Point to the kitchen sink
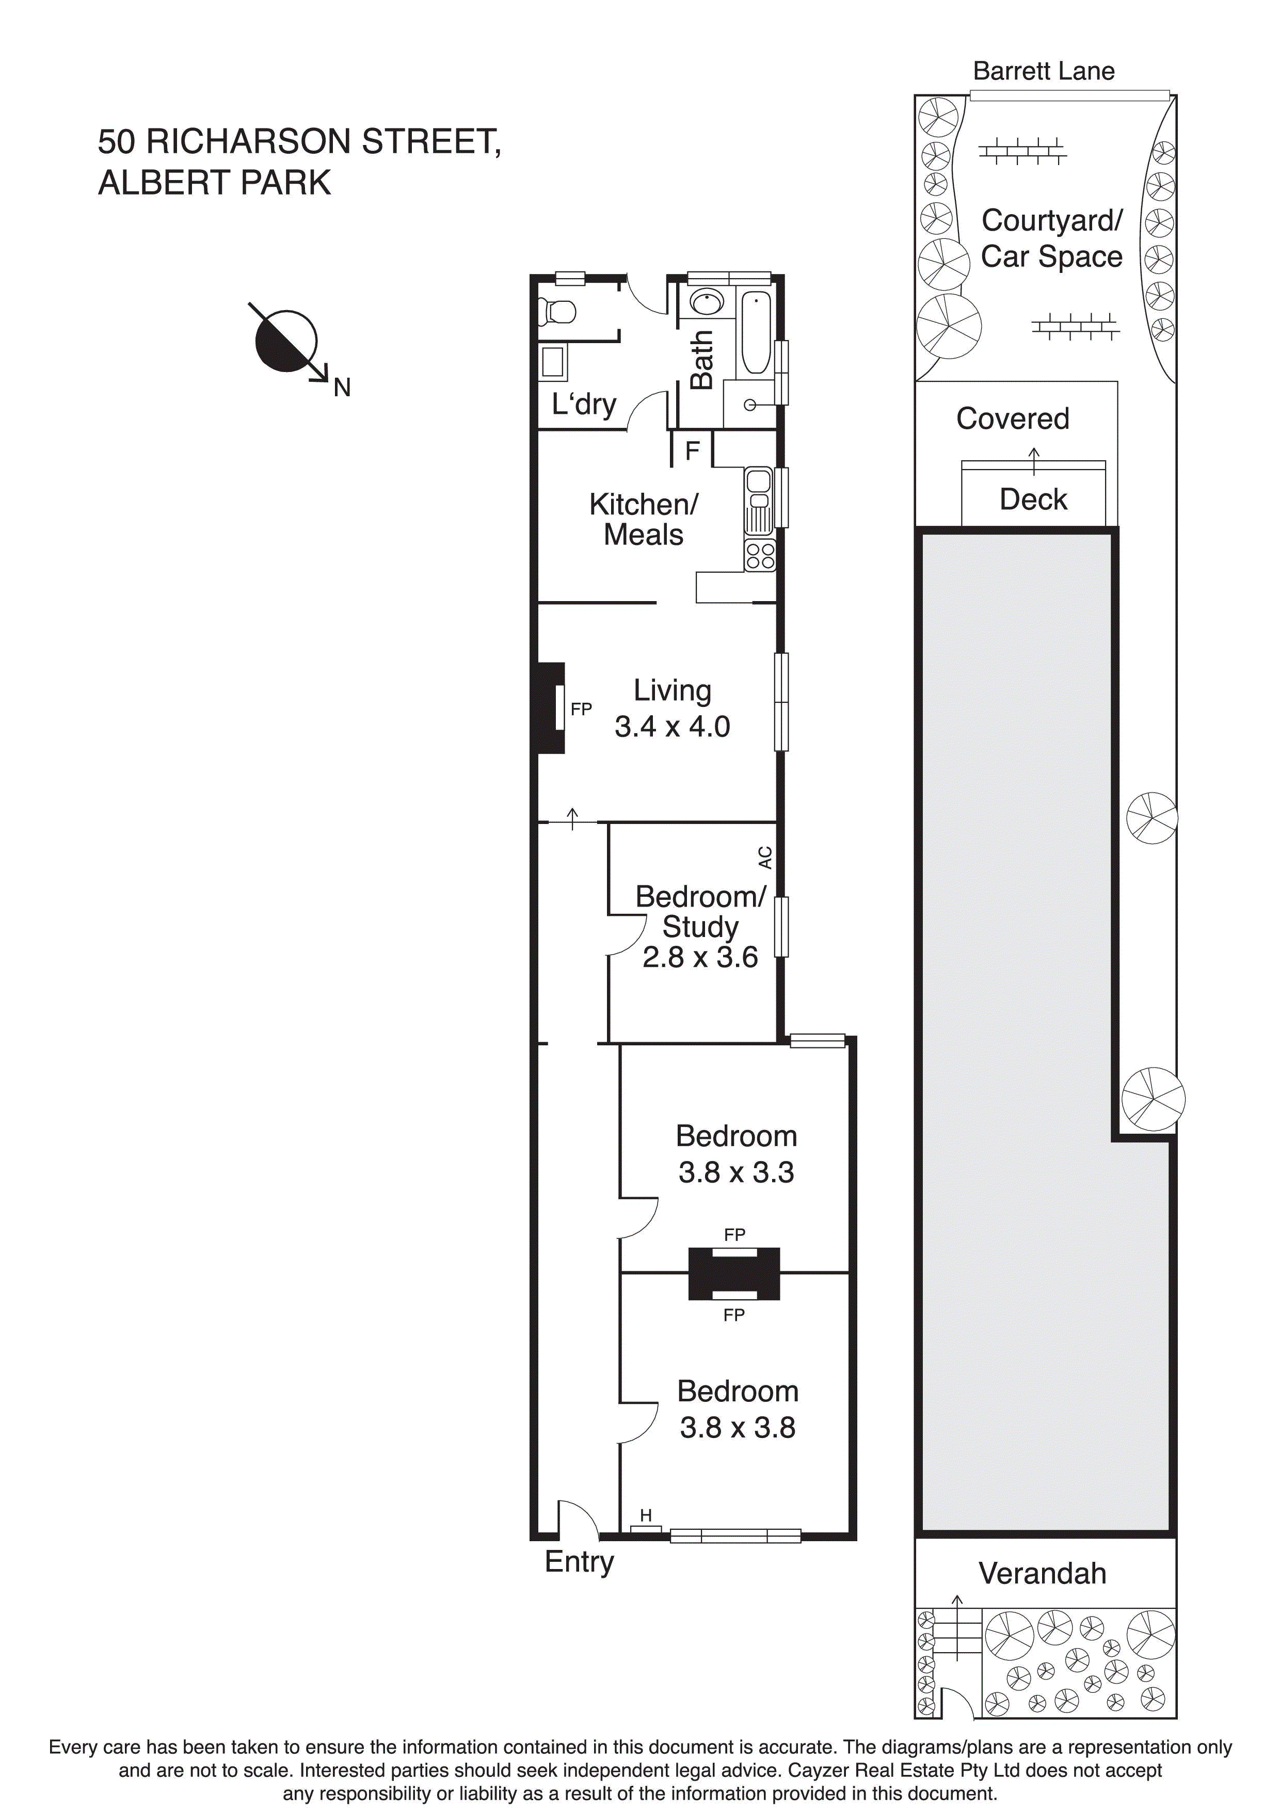tap(759, 500)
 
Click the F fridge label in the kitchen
tap(693, 451)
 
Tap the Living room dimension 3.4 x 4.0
tap(672, 726)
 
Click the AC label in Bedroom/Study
tap(765, 857)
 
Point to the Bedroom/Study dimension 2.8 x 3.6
tap(699, 957)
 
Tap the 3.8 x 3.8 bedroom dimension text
tap(738, 1427)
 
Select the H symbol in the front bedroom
tap(646, 1515)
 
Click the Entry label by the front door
tap(579, 1561)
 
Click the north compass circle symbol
tap(285, 341)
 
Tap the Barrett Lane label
tap(1044, 72)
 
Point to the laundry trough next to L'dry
tap(552, 362)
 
